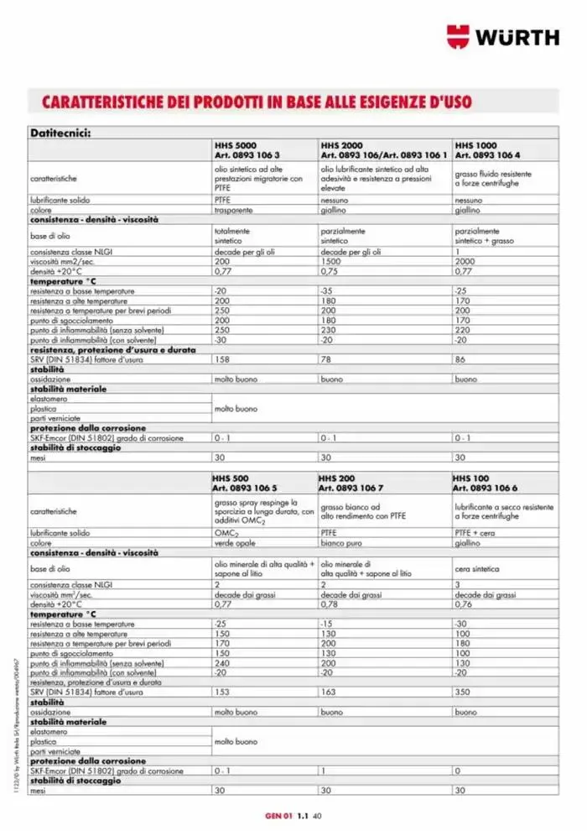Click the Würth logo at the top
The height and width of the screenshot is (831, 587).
coord(502,38)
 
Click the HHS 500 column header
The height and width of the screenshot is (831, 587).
coord(230,478)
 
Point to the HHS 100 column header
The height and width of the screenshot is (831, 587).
coord(470,478)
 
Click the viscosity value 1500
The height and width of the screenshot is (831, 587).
coord(331,262)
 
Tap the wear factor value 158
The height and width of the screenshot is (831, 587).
coord(222,359)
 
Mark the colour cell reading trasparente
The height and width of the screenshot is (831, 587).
coord(233,211)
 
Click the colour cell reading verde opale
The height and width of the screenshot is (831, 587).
coord(234,543)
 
